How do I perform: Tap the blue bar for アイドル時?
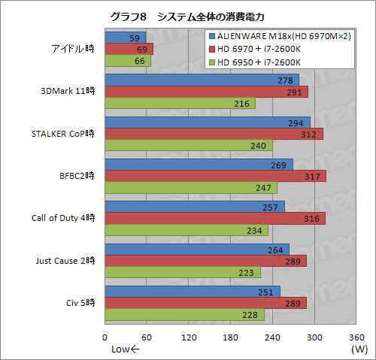[x=125, y=37]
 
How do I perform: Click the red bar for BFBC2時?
[x=215, y=176]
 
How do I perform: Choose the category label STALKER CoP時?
[x=64, y=134]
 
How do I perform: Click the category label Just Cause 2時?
[x=65, y=261]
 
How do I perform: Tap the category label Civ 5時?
[x=80, y=303]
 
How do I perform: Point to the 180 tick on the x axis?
[x=231, y=337]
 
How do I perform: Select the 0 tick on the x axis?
[x=105, y=337]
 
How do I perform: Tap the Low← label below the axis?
[x=126, y=349]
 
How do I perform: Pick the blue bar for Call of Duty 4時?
[x=194, y=206]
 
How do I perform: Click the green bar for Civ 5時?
[x=184, y=315]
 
